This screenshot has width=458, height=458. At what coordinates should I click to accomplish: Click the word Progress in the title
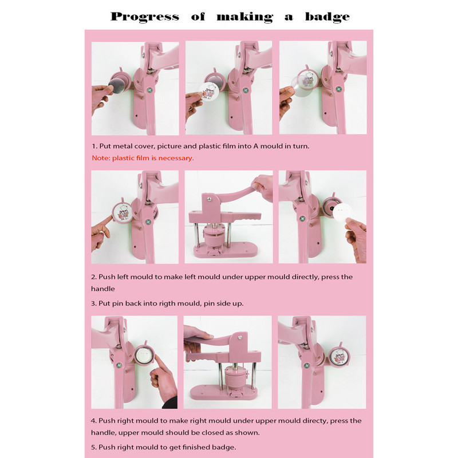click(145, 17)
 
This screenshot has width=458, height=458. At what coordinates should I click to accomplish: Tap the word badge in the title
click(327, 17)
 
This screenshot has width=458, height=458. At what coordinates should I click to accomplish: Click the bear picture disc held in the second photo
click(209, 91)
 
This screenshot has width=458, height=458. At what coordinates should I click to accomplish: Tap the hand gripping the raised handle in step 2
click(262, 188)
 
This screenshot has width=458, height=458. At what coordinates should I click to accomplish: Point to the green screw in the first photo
click(149, 90)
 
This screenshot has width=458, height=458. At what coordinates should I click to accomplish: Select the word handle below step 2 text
click(103, 289)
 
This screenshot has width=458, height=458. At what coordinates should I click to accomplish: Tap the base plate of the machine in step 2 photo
click(225, 250)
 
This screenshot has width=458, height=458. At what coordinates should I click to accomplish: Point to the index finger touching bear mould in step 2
click(105, 223)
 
